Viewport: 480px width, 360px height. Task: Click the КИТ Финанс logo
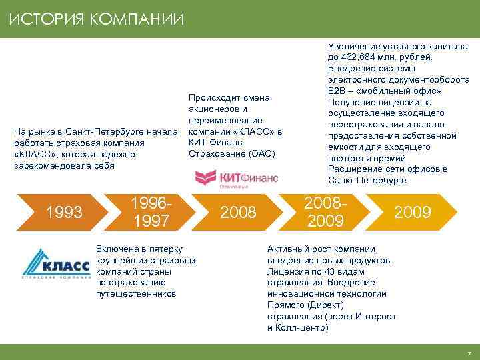tap(236, 179)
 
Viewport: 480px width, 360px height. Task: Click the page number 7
tap(469, 353)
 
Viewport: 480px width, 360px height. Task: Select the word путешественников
tap(136, 293)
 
